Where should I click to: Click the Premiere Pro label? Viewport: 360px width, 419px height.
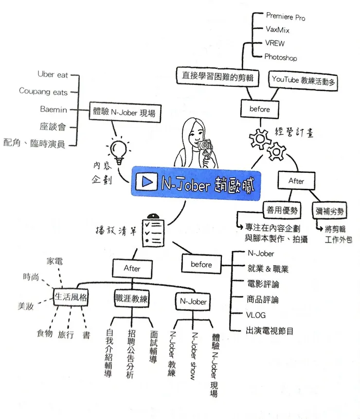[286, 17]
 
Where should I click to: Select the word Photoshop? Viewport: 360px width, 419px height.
[280, 57]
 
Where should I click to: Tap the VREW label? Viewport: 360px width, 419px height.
[275, 43]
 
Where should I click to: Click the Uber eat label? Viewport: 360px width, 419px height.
[53, 75]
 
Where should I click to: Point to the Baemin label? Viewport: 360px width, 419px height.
[54, 109]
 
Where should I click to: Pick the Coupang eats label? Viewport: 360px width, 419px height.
[43, 91]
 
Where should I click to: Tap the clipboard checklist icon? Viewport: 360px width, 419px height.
[153, 231]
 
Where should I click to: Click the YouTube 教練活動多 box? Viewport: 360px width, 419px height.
[304, 79]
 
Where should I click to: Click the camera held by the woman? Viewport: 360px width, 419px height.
[206, 146]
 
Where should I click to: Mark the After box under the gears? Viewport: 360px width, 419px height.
[296, 181]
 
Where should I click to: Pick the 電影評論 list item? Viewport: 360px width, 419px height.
[263, 284]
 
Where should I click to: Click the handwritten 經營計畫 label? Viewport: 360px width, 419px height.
[294, 132]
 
